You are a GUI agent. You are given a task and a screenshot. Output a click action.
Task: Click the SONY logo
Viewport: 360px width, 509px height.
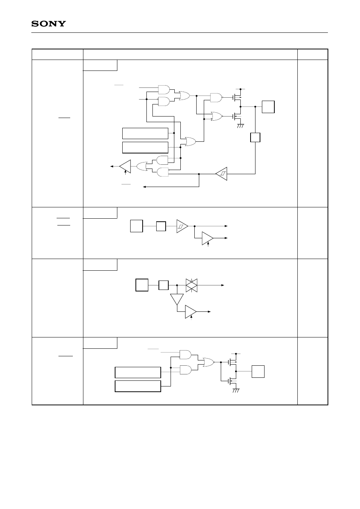(48, 24)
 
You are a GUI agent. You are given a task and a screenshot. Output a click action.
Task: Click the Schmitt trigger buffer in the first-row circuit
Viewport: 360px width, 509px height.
(222, 173)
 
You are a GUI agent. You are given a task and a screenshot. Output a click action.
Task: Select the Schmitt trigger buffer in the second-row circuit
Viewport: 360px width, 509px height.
(182, 226)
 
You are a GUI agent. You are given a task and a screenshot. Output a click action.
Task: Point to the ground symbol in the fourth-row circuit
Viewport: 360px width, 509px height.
(236, 390)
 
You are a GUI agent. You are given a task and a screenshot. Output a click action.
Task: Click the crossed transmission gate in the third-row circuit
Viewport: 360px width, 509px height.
(192, 285)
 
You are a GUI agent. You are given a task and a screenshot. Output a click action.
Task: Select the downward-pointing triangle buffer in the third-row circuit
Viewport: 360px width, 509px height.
(177, 299)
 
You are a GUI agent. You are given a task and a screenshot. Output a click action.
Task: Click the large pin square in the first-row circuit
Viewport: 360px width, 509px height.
(268, 107)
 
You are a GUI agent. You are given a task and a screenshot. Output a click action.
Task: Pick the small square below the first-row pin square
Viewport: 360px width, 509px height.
(255, 137)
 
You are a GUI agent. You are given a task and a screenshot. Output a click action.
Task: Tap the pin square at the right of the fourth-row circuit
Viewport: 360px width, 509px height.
(258, 371)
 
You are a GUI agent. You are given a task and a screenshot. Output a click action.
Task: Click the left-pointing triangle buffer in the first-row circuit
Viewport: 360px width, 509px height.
(125, 166)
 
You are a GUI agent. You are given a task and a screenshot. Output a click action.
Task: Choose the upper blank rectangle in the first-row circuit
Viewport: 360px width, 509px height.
(145, 133)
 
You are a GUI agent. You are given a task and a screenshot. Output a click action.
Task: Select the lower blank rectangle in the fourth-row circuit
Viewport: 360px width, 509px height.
(138, 386)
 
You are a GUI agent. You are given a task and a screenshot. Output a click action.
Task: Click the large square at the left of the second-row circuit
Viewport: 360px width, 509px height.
(136, 226)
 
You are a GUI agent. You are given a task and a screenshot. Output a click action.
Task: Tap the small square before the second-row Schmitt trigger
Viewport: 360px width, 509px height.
(161, 226)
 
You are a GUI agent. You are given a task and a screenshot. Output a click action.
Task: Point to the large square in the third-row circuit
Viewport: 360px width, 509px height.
(142, 285)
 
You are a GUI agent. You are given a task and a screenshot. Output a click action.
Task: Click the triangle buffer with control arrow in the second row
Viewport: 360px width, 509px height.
(208, 238)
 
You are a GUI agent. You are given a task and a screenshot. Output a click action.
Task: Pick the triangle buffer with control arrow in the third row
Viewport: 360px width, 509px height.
(191, 312)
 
